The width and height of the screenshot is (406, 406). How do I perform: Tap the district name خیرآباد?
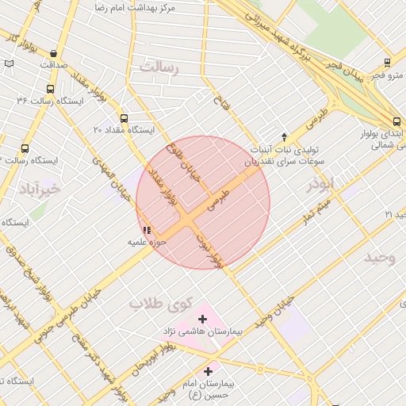(39, 189)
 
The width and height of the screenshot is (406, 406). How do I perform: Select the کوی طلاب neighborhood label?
(162, 303)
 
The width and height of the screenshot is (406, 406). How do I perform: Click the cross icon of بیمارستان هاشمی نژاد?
(203, 320)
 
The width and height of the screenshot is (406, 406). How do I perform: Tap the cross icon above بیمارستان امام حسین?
(209, 370)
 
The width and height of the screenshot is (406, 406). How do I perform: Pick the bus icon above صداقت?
(53, 53)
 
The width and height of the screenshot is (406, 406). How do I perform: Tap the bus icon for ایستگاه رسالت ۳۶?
(51, 90)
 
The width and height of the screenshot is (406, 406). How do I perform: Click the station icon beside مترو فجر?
(386, 63)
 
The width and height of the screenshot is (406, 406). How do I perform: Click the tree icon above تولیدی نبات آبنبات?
(284, 136)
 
